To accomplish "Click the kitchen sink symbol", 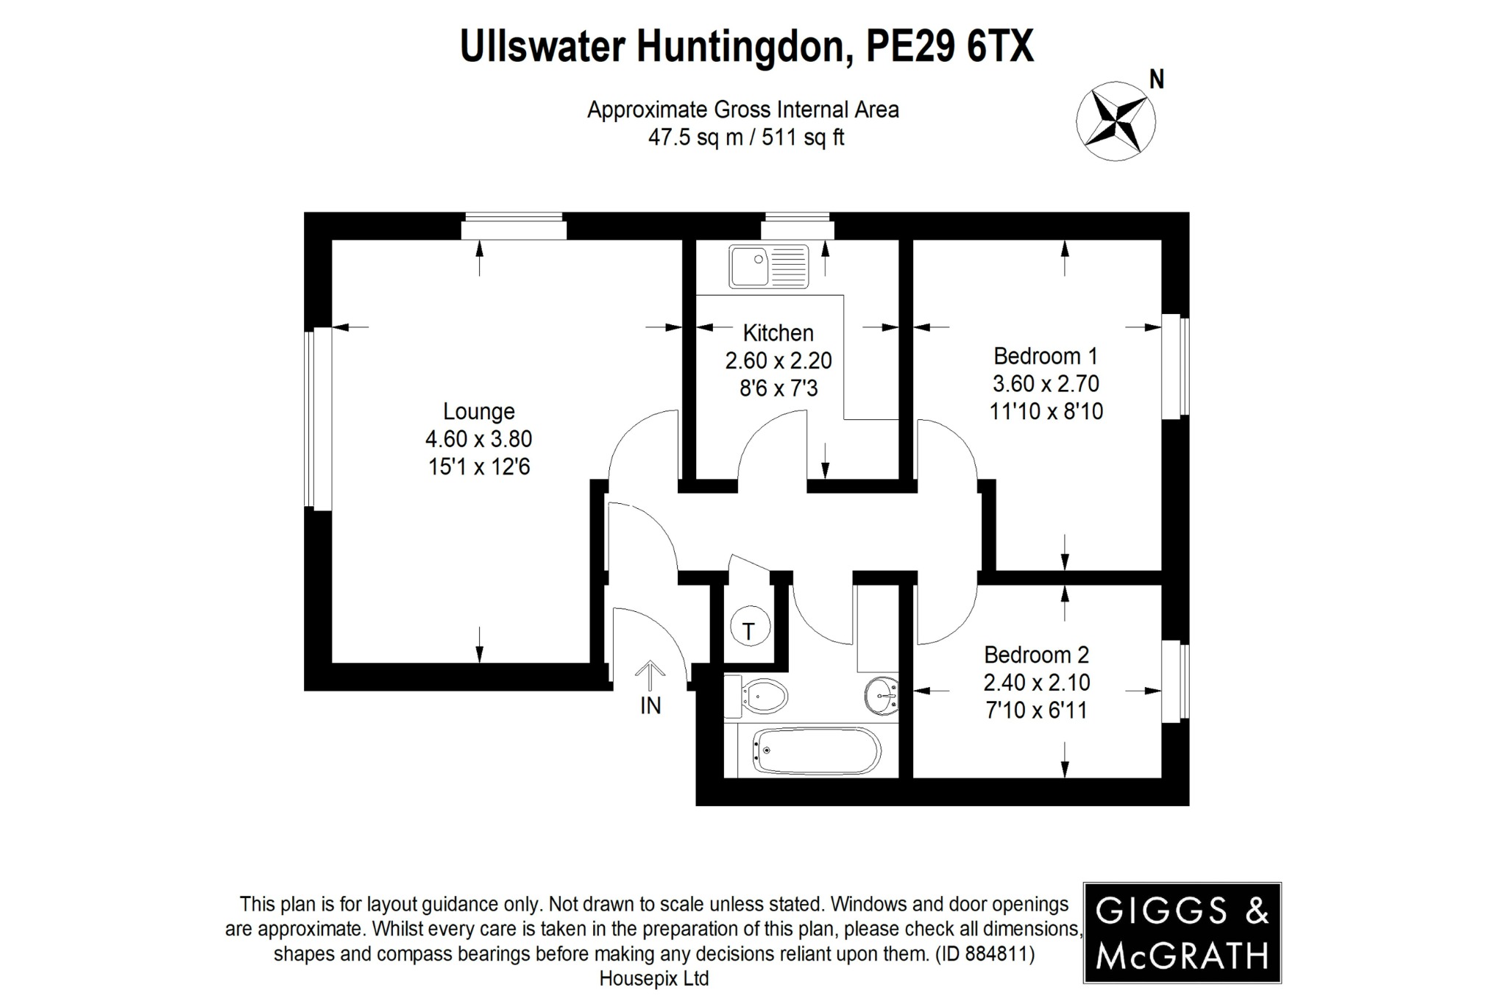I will (x=768, y=266).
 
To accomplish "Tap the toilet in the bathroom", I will (x=757, y=695).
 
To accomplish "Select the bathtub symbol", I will (x=815, y=751).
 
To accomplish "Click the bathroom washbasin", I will (x=882, y=695).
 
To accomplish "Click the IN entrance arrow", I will (x=650, y=673).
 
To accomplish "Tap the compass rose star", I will (x=1116, y=121).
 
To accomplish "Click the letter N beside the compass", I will (x=1157, y=79).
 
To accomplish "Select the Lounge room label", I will (x=478, y=411).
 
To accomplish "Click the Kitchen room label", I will (x=778, y=333).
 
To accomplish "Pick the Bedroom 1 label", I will (x=1045, y=357).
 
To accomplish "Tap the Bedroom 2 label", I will (x=1036, y=655).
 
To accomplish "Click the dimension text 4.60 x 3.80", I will (x=478, y=439).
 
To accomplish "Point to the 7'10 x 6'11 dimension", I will (x=1036, y=711).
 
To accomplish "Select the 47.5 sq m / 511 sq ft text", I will (x=745, y=138).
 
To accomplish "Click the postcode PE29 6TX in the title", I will (x=950, y=46).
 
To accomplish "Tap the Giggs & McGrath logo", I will (x=1182, y=933).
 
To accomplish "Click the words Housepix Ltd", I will (x=654, y=979).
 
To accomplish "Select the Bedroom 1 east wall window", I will (x=1176, y=367).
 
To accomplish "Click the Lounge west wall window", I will (x=318, y=419).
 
